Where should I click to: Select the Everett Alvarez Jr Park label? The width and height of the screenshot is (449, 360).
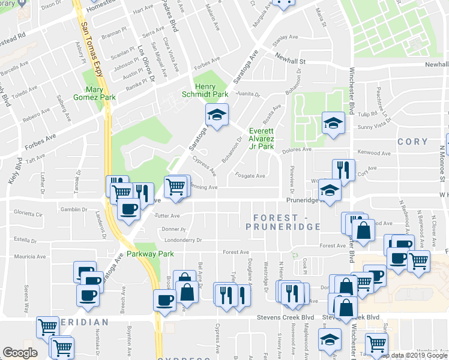[x=262, y=139]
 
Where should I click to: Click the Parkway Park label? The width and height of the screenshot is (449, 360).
[x=154, y=254]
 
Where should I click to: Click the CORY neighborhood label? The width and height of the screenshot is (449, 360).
[x=412, y=142]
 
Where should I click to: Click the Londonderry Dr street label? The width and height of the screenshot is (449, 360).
[x=182, y=240]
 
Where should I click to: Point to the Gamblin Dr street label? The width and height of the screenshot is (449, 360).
[x=74, y=209]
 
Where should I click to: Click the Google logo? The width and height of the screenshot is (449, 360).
[x=20, y=352]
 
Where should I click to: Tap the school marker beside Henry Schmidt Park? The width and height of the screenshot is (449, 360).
[x=217, y=114]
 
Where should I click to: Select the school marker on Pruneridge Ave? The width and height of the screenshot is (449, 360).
[x=330, y=190]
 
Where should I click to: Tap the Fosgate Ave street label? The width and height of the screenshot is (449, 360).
[x=252, y=176]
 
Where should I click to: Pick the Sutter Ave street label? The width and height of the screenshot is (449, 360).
[x=167, y=215]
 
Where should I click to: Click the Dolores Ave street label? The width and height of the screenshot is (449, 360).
[x=298, y=149]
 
